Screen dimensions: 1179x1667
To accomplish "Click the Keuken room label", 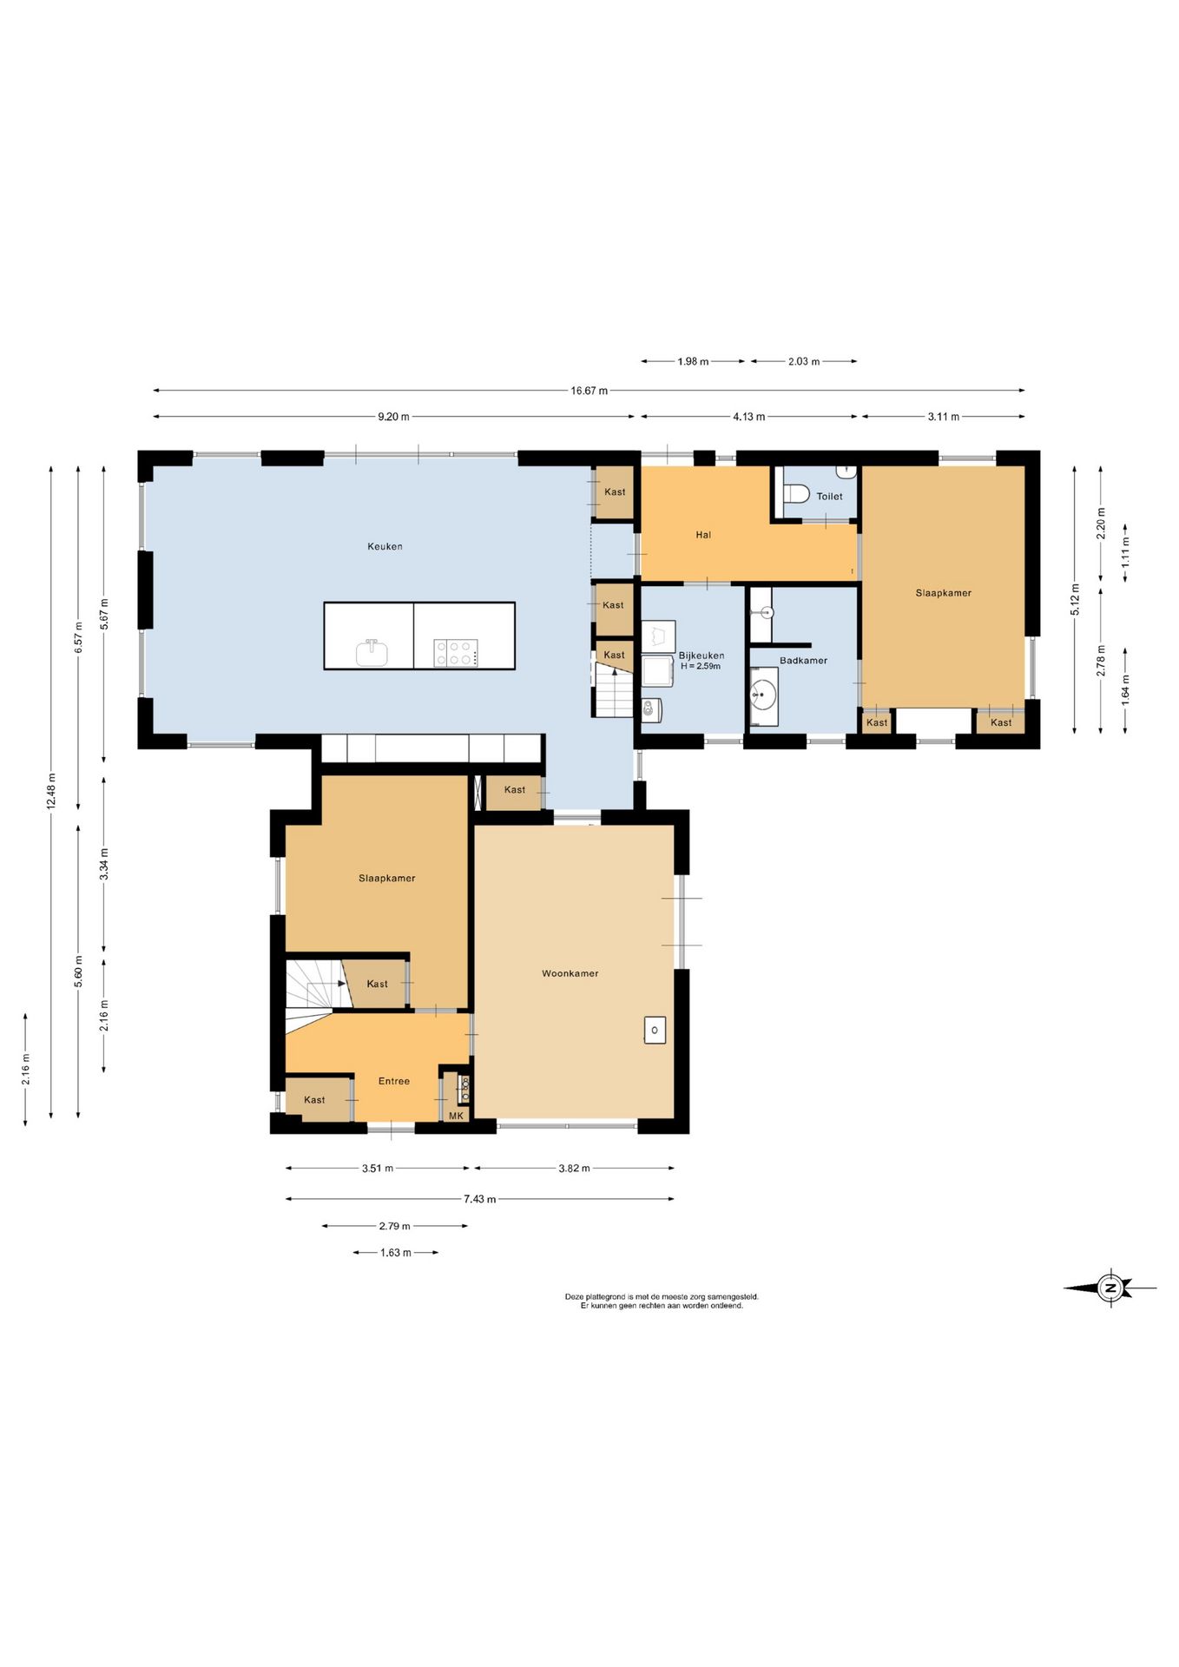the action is pos(385,546).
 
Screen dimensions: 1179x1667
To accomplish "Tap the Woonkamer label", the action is pos(570,973).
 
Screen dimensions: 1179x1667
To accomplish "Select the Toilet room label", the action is pos(829,497).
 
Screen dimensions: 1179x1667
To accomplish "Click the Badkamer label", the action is pos(803,661).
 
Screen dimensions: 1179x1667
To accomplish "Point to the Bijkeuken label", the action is pos(701,656).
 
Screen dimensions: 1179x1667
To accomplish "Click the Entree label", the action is pos(394,1081).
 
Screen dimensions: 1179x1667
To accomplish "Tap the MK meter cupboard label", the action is pos(456,1116).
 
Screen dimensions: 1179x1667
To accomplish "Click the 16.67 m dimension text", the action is pos(589,391).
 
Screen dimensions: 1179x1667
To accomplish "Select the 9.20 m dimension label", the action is pos(393,417).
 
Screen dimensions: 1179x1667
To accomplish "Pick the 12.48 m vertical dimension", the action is pos(51,791).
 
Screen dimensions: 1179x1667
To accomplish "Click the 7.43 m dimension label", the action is pos(479,1199).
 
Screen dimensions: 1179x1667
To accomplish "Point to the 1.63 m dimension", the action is pos(396,1253).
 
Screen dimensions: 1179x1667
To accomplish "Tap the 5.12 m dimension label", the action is pos(1075,600).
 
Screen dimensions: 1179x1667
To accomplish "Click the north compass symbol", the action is pos(1110,1288).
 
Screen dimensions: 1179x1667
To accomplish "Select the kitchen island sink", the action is pos(372,652).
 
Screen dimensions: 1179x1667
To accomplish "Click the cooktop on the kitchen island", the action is pos(456,653).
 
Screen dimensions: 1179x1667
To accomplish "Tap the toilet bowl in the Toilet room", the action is pos(795,494).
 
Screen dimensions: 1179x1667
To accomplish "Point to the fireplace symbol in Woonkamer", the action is pos(655,1030).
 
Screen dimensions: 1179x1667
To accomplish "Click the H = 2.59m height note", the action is pos(701,666).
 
